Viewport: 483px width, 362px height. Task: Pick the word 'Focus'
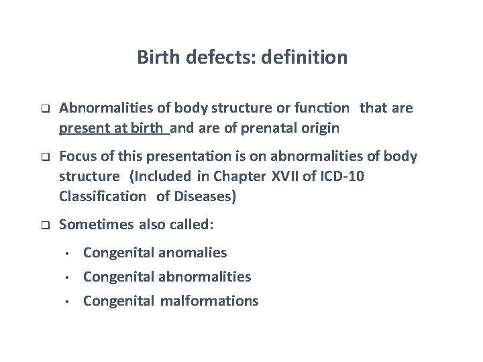tap(77, 157)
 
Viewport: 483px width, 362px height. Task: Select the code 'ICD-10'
tap(343, 176)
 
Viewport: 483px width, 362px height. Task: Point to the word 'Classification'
tap(102, 196)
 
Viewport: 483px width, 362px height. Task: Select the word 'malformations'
tap(209, 301)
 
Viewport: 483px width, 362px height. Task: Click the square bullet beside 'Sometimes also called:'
tap(44, 226)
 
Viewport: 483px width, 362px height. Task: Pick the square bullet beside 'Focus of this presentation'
tap(44, 157)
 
